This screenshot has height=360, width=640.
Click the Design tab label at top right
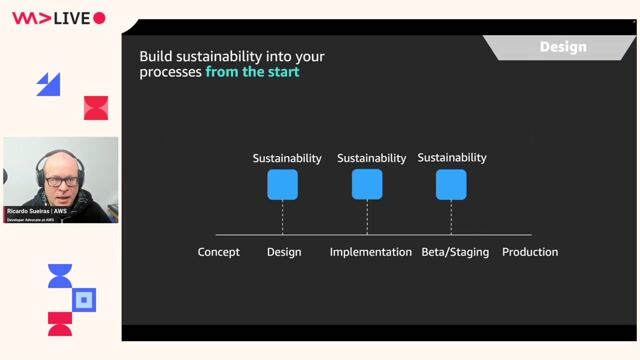pyautogui.click(x=563, y=47)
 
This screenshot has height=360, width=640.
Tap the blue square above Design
pyautogui.click(x=282, y=185)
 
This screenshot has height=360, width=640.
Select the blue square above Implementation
pyautogui.click(x=367, y=185)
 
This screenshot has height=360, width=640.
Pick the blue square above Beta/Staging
pyautogui.click(x=451, y=185)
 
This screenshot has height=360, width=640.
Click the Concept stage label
pyautogui.click(x=219, y=252)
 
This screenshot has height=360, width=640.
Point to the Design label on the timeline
pyautogui.click(x=284, y=252)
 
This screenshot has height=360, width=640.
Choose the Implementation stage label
pyautogui.click(x=371, y=252)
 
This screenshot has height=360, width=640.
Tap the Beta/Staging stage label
pyautogui.click(x=455, y=252)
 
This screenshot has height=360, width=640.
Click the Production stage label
pyautogui.click(x=530, y=252)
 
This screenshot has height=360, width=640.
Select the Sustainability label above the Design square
pyautogui.click(x=287, y=158)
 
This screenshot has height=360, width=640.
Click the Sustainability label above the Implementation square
pyautogui.click(x=372, y=158)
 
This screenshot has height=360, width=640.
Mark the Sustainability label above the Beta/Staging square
pyautogui.click(x=452, y=157)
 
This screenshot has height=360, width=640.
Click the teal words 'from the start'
pyautogui.click(x=252, y=72)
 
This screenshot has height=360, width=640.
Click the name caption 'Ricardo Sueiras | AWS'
pyautogui.click(x=37, y=212)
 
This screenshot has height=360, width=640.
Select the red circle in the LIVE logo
pyautogui.click(x=99, y=18)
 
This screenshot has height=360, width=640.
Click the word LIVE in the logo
pyautogui.click(x=72, y=18)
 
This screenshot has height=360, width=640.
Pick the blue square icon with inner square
pyautogui.click(x=85, y=299)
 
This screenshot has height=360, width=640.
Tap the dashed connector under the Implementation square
pyautogui.click(x=367, y=217)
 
